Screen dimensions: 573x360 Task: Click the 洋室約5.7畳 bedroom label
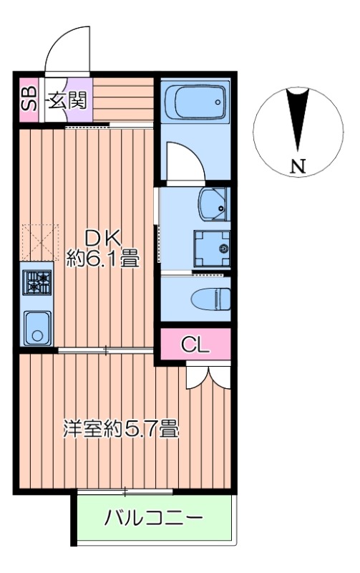coord(120,430)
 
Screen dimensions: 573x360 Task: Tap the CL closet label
coord(195,345)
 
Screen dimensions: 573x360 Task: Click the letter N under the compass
coord(298,168)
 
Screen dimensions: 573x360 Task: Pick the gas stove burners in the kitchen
coord(37,281)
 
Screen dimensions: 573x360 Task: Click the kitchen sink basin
coord(37,327)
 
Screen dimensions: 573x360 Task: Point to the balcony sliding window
coord(125,491)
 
